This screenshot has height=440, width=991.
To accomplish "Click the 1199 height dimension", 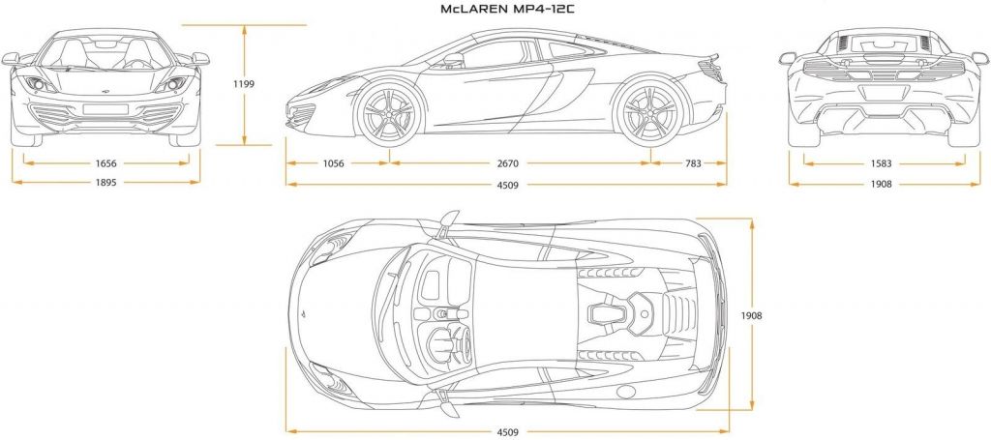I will pyautogui.click(x=244, y=84).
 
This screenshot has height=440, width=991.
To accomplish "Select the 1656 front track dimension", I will pyautogui.click(x=105, y=163).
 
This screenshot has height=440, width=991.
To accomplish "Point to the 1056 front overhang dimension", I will pyautogui.click(x=333, y=163).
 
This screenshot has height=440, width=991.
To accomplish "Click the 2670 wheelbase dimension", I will pyautogui.click(x=521, y=163).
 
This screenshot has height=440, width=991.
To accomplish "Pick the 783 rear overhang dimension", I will pyautogui.click(x=692, y=163).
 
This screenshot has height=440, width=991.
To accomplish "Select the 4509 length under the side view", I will pyautogui.click(x=505, y=183).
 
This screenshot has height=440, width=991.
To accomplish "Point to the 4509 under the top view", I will pyautogui.click(x=506, y=431).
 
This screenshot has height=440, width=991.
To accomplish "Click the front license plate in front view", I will pyautogui.click(x=105, y=109).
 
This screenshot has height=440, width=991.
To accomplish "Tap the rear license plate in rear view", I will pyautogui.click(x=882, y=92).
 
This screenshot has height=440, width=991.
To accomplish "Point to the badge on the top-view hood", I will pyautogui.click(x=302, y=315).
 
